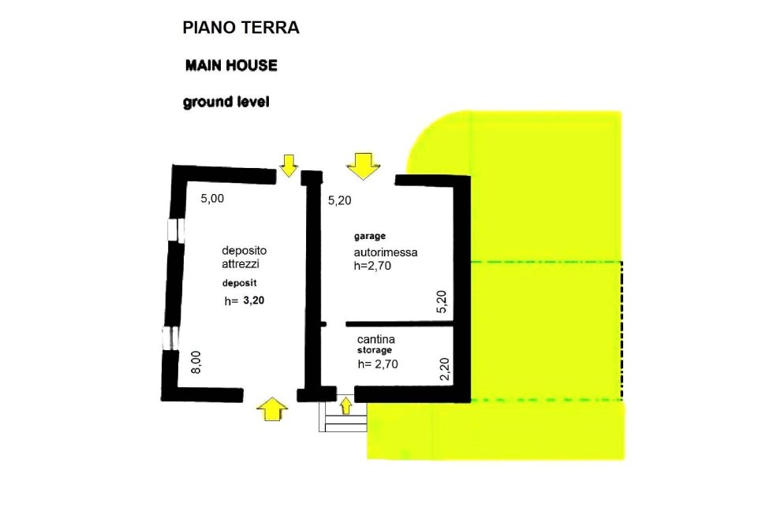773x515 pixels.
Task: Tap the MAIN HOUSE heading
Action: point(231,65)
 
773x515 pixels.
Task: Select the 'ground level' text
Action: point(226,102)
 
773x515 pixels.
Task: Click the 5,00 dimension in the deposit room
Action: point(212,200)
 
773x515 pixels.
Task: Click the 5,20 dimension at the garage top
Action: point(339,201)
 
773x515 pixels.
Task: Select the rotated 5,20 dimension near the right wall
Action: point(442,303)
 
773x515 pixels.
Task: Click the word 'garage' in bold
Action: point(369,237)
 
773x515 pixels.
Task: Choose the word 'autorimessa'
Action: point(385,252)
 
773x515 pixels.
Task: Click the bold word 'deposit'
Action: point(238,282)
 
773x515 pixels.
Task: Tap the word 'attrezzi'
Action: point(241,264)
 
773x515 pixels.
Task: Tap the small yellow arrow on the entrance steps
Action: point(345,405)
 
